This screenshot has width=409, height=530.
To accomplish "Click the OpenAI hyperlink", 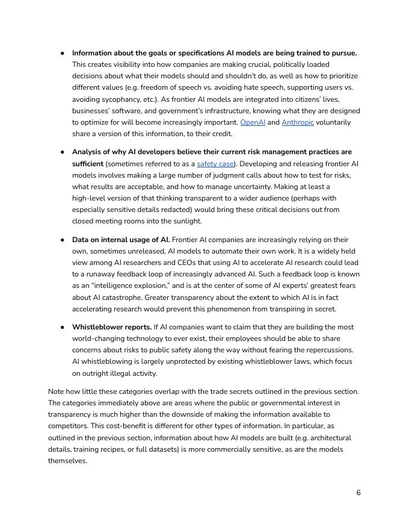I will click(x=253, y=122).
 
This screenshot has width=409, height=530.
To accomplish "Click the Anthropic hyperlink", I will click(x=298, y=122).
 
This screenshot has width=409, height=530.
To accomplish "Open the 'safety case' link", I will click(x=215, y=164).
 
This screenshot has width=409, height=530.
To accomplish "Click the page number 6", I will click(x=358, y=493).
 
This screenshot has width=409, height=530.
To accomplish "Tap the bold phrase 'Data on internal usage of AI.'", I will click(x=121, y=240).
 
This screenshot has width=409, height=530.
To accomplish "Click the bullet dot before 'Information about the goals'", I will click(x=63, y=53).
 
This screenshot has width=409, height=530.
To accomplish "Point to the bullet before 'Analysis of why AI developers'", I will click(x=63, y=152).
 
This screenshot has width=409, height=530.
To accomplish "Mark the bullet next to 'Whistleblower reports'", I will click(x=63, y=327).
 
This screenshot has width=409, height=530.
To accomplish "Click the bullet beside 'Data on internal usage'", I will click(x=63, y=240).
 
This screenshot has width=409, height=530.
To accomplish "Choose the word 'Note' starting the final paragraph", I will click(x=57, y=391).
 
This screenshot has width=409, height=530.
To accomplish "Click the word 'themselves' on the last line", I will click(x=67, y=461).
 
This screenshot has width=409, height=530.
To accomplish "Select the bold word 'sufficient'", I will click(x=88, y=164).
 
